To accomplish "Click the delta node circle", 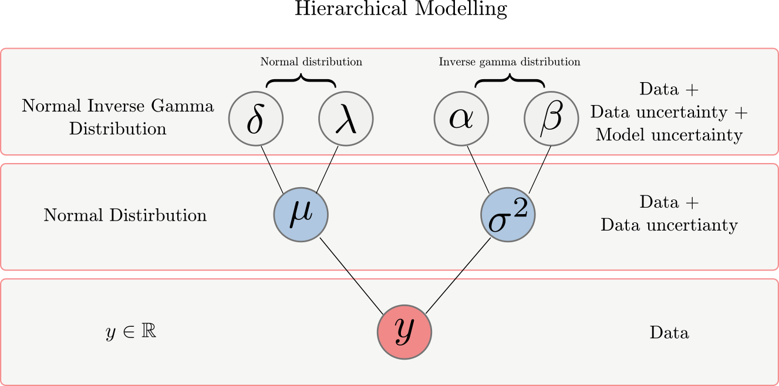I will coord(256,119).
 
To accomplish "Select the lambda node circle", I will coord(346,119).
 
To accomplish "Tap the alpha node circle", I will coord(461,119).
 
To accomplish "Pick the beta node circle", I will coord(551,119).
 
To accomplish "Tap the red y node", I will coord(404,332).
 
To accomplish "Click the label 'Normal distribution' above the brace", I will coord(311,62).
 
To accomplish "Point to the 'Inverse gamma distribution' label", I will coord(510,62).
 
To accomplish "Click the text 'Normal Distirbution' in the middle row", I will coord(125,215).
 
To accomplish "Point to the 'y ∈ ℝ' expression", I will coord(130,332).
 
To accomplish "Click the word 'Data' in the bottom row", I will coord(669,333).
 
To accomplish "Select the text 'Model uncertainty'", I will coord(669,135).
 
